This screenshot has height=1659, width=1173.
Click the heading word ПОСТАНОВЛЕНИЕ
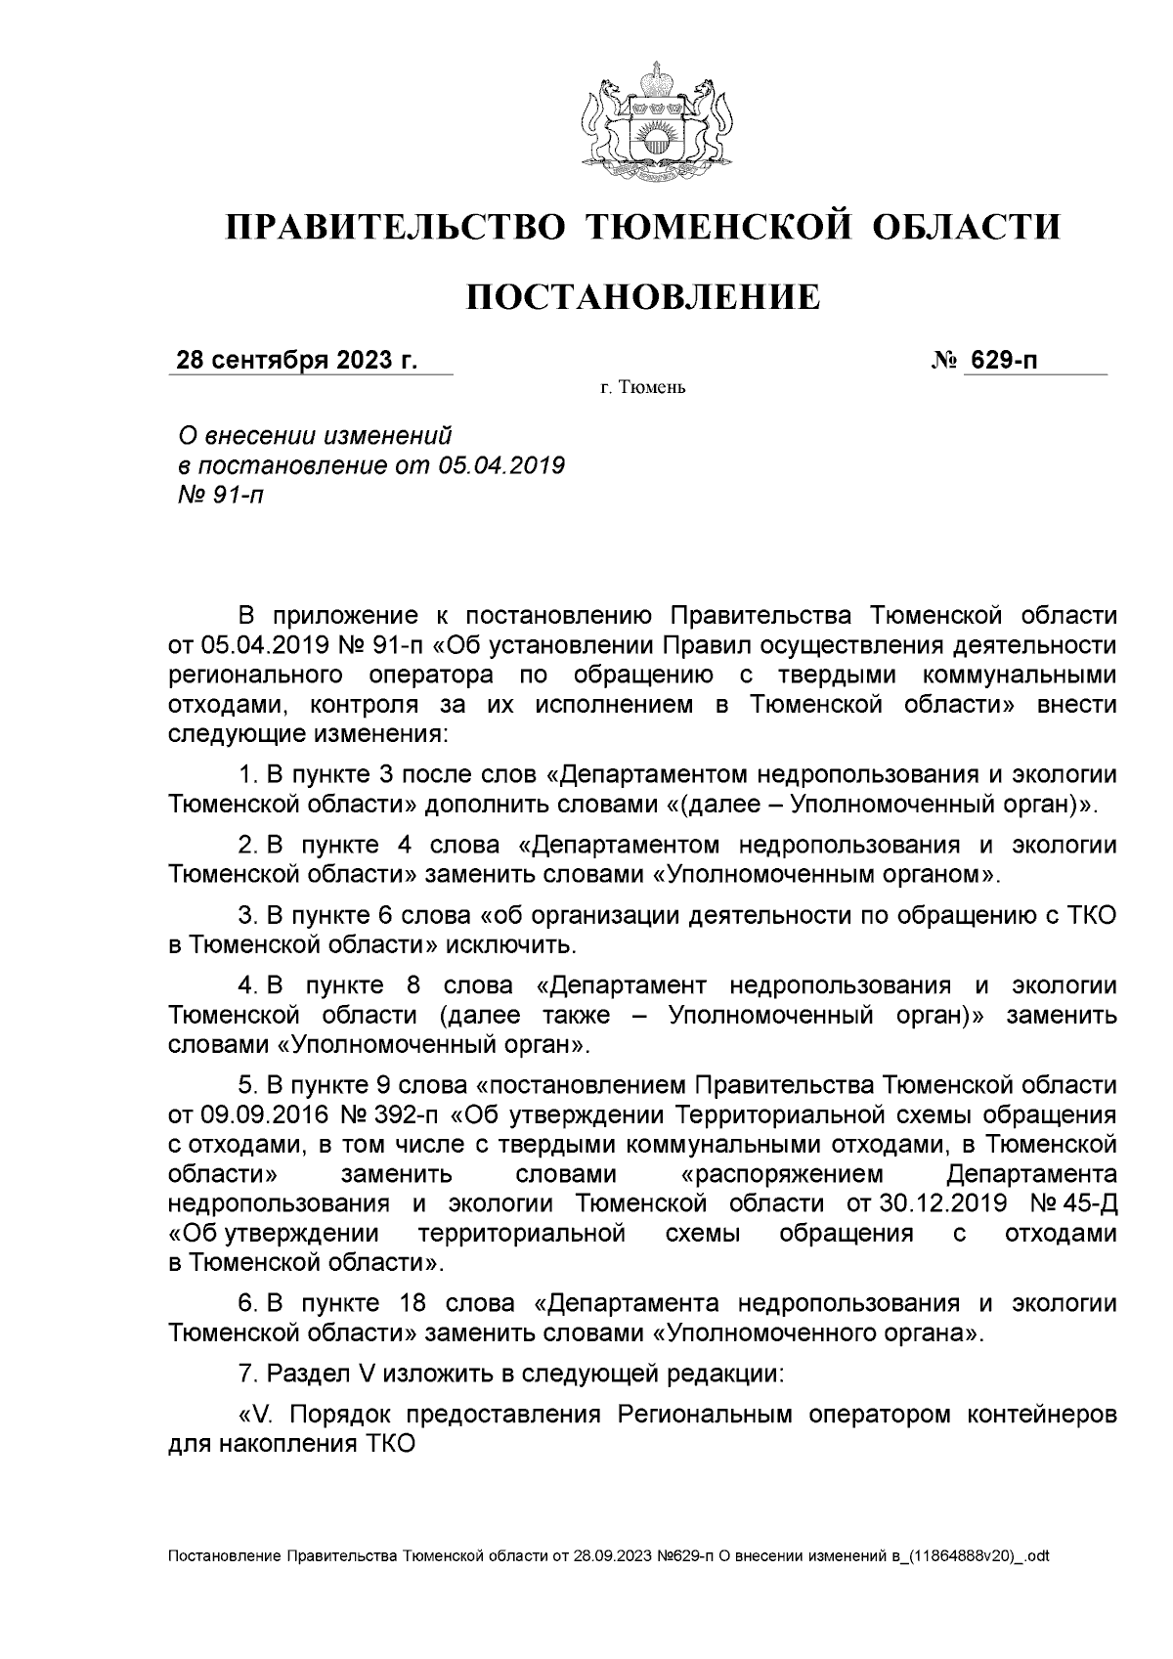(x=641, y=296)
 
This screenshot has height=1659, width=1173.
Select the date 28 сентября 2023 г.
(x=296, y=361)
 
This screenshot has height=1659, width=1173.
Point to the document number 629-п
(x=1002, y=361)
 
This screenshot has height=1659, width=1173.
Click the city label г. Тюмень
(x=643, y=388)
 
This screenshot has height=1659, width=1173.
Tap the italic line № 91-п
(x=216, y=496)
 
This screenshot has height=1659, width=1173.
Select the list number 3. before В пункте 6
(x=248, y=916)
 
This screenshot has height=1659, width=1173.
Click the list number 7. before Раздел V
(x=248, y=1374)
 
